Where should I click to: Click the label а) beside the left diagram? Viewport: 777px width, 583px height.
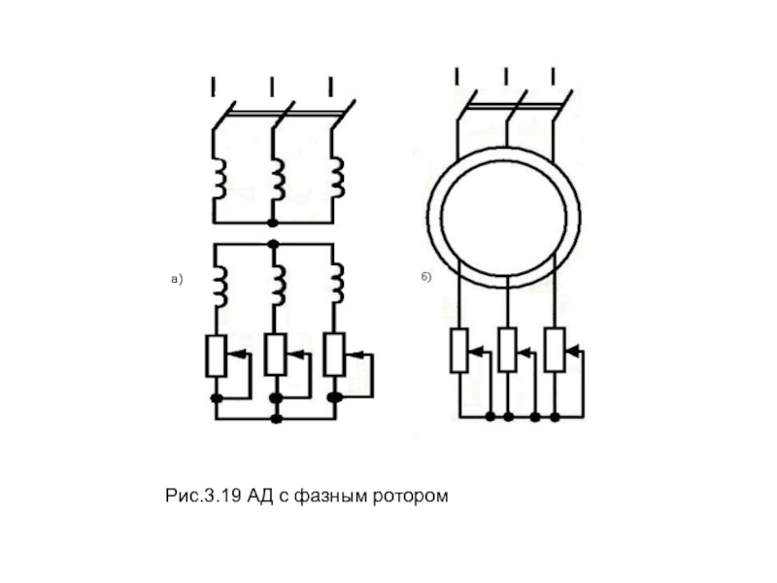pos(177,279)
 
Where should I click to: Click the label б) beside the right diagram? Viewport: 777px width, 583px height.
pos(426,277)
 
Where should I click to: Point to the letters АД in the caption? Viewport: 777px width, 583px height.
pos(260,496)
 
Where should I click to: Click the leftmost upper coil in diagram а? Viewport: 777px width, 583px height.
pos(220,179)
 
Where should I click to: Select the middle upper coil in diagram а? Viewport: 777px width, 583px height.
pos(278,179)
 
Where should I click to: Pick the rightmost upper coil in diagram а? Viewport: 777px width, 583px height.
pos(337,178)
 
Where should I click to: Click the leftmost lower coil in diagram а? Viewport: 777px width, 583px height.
pos(221,287)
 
